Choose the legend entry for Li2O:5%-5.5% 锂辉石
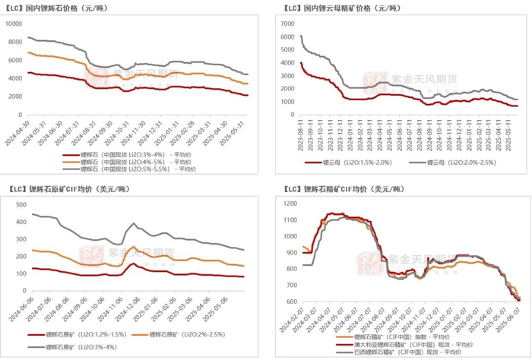point(144,170)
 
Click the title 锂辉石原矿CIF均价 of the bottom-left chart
point(65,189)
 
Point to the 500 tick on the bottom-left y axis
point(17,204)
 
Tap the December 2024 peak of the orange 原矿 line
point(134,247)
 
